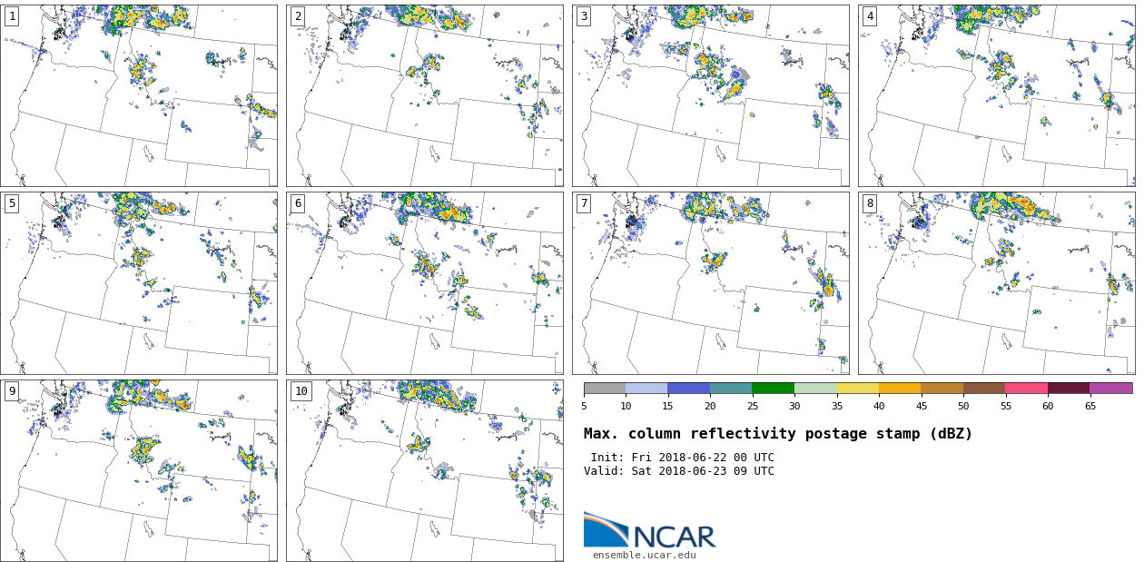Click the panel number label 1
coord(12,16)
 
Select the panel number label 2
coord(298,16)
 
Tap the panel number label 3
coord(584,16)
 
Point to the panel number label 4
coord(870,16)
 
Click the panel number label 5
coord(12,203)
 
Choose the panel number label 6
coord(298,203)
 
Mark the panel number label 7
coord(584,203)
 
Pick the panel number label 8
coord(870,203)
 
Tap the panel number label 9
coord(12,391)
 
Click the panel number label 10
coord(301,391)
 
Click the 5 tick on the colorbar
coord(584,406)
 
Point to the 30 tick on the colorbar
coord(794,406)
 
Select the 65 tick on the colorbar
coord(1090,406)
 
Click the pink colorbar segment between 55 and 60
coord(1026,388)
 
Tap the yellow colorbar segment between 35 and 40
coord(857,388)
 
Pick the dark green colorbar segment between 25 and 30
coord(773,388)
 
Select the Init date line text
coord(682,458)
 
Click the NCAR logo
coord(649,532)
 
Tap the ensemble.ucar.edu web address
coord(644,555)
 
